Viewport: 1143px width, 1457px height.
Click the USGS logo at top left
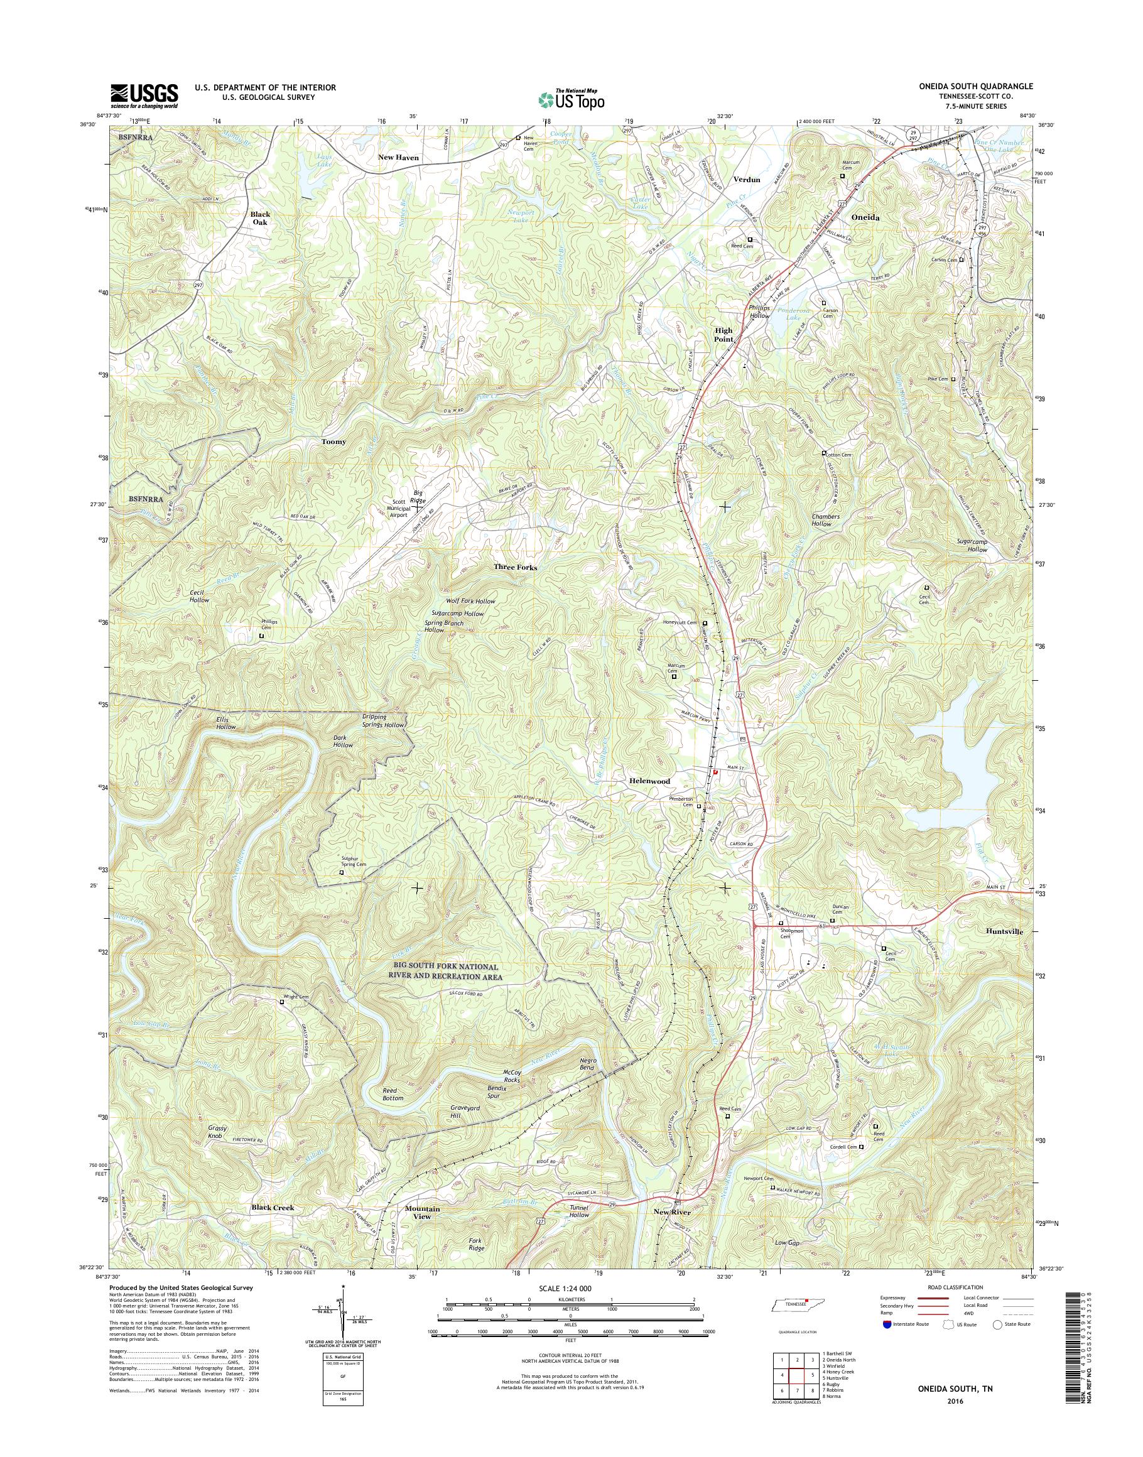[144, 95]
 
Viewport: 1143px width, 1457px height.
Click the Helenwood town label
[649, 781]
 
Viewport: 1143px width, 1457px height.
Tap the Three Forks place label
[515, 567]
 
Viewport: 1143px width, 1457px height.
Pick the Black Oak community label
[261, 219]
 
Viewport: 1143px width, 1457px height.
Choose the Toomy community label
[334, 441]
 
